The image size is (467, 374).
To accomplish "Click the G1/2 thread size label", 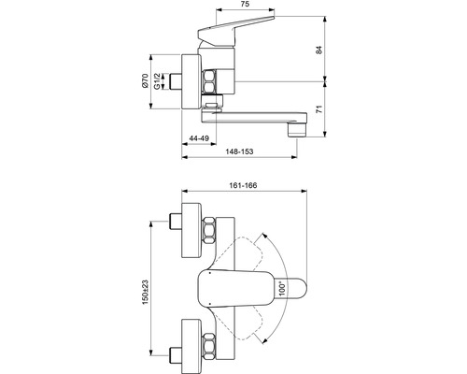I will [158, 90].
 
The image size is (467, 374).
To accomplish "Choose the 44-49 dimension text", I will [197, 137].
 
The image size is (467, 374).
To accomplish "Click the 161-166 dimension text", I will [243, 186].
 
